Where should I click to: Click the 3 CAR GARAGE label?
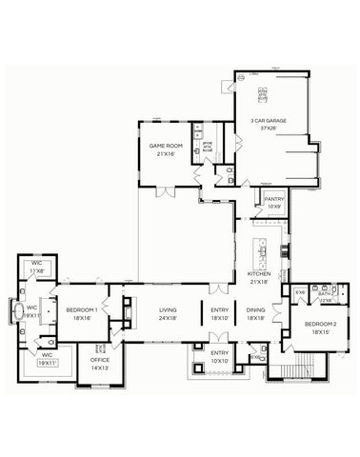click(269, 120)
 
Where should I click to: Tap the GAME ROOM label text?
click(165, 146)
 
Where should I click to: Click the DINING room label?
click(256, 310)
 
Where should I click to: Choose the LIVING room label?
click(169, 310)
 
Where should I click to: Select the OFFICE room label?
click(100, 360)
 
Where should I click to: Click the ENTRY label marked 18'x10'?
click(219, 310)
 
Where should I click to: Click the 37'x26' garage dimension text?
click(269, 128)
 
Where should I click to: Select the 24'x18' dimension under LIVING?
click(169, 318)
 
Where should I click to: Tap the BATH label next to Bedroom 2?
click(324, 292)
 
